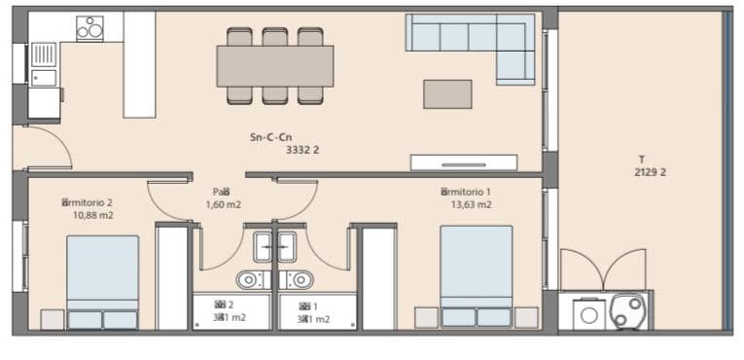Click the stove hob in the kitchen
[89, 28]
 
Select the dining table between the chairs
[274, 66]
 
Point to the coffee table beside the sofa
[447, 93]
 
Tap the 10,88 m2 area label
[93, 215]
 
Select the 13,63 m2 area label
[471, 205]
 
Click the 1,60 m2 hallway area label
[223, 205]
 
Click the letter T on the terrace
[641, 159]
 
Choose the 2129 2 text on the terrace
[650, 172]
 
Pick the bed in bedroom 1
[477, 274]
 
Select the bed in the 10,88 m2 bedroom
[102, 280]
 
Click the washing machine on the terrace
[589, 313]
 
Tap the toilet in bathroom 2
[249, 280]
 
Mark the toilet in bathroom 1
[302, 280]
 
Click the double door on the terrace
[603, 270]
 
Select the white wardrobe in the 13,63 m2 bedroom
[377, 278]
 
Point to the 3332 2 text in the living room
[303, 151]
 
